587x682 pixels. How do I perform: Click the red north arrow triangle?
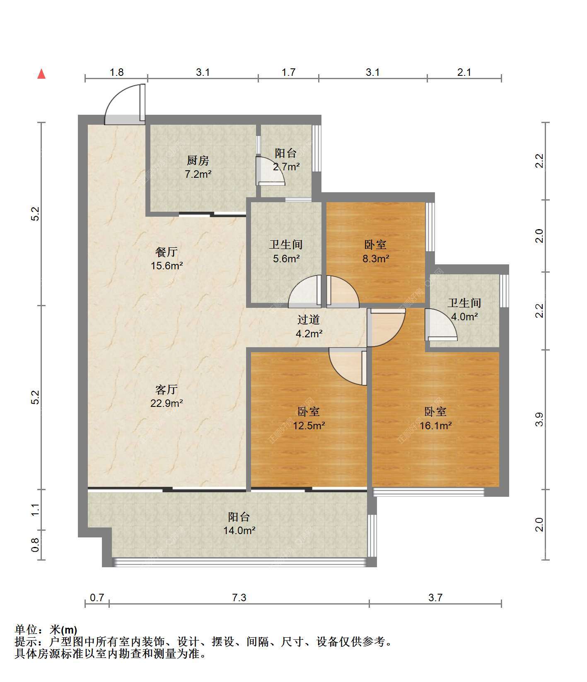[x=41, y=74]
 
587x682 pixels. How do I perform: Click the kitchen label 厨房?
[x=198, y=160]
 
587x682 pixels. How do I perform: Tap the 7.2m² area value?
[x=198, y=174]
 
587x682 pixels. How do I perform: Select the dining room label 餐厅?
[x=167, y=252]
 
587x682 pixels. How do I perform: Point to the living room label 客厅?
[x=167, y=389]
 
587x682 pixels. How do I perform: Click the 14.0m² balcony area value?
[x=239, y=530]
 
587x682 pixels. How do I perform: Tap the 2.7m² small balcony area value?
[x=286, y=167]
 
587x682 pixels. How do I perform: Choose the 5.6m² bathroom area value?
[x=286, y=259]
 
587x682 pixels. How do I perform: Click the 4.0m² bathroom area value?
[x=464, y=317]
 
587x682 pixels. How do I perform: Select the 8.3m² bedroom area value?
[x=375, y=259]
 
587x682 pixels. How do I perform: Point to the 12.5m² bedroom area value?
[x=309, y=426]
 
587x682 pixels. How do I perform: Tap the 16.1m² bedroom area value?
[x=435, y=426]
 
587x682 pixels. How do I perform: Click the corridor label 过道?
[x=309, y=319]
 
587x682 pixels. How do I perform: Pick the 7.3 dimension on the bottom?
[x=239, y=597]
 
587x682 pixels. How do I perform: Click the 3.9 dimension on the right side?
[x=539, y=419]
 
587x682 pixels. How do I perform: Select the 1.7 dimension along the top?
[x=288, y=72]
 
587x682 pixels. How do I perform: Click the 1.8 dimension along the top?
[x=116, y=72]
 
